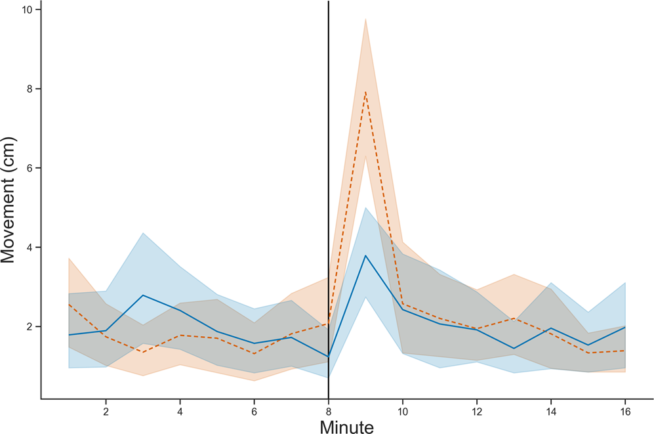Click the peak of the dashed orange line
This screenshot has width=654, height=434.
(x=365, y=92)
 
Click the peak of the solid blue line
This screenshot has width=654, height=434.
(x=365, y=255)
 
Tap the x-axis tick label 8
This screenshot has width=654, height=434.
(x=328, y=410)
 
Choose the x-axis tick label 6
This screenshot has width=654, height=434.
(x=254, y=410)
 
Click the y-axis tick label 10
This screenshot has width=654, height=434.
(x=28, y=10)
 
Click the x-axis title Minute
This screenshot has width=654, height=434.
(x=346, y=426)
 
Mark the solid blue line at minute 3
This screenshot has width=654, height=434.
(x=142, y=295)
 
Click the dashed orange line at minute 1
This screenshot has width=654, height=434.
(x=68, y=304)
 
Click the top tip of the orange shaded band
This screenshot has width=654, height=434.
(x=365, y=19)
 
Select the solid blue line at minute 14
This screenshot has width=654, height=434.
(x=551, y=328)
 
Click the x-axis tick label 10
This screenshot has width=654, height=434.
(x=402, y=410)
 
